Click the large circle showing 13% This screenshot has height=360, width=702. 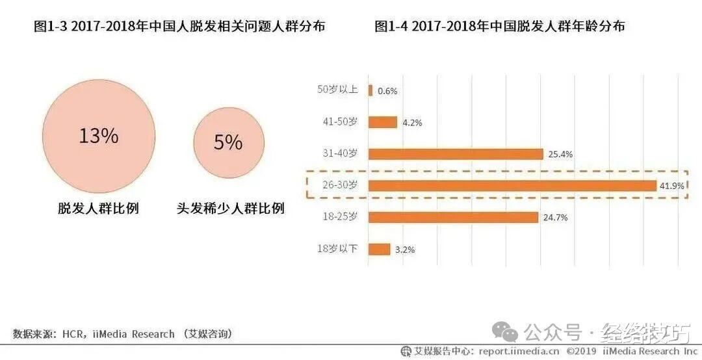98,137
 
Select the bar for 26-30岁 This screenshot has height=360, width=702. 512,186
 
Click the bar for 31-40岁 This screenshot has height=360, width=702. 456,154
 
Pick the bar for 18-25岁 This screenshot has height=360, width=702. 453,217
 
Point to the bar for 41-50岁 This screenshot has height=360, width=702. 383,122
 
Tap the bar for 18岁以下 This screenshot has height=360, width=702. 380,249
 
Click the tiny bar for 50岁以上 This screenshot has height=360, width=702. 370,90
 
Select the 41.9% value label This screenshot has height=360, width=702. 672,186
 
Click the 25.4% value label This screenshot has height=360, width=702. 560,154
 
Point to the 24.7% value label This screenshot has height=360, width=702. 555,218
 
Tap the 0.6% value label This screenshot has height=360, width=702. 387,91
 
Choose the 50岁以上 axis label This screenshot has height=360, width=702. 337,90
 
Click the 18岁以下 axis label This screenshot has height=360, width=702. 337,248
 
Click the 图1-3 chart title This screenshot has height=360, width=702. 179,27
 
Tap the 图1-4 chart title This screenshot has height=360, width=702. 500,27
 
